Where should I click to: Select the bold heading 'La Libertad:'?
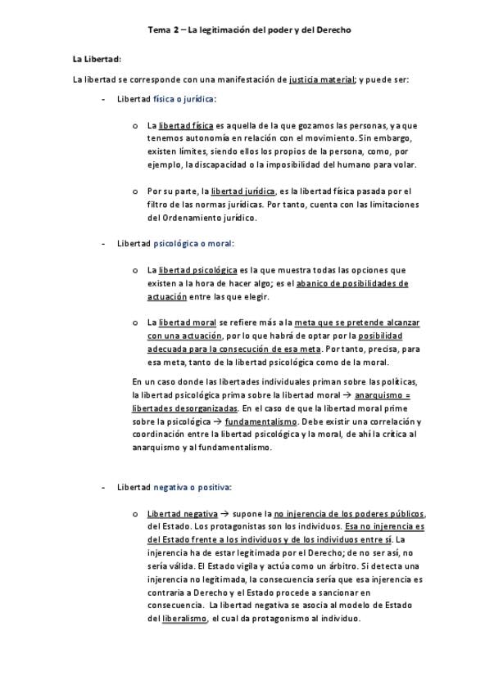coord(97,59)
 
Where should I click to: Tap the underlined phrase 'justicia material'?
coord(322,79)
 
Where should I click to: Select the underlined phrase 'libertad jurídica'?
coord(243,191)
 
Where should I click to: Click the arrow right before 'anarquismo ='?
coord(347,394)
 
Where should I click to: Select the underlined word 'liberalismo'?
coord(184,619)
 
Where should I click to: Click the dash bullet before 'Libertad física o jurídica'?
coord(102,99)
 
